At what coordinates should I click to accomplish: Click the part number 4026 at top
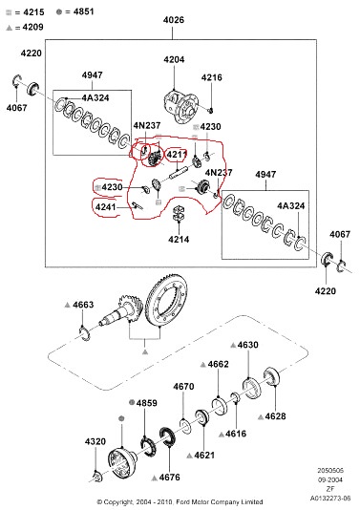coord(174,20)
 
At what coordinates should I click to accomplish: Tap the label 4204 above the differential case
coord(174,59)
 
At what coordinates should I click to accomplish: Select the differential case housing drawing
coord(180,106)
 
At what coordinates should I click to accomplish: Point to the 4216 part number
coord(212,77)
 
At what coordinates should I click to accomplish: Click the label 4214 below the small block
coord(179,240)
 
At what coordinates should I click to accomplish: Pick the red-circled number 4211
coord(177,155)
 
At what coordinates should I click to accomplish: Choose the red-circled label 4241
coord(105,206)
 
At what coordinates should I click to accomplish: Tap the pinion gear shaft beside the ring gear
coord(121,310)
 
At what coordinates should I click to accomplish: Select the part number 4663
coord(83,305)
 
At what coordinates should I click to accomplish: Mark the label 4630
coord(248,345)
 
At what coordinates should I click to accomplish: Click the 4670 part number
coord(183,387)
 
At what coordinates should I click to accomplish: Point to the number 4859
coord(147,403)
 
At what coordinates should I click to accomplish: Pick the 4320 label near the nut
coord(95,441)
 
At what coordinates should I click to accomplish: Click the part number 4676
coord(169,478)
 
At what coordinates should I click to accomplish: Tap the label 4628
coord(275,416)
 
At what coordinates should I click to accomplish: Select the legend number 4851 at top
coord(84,11)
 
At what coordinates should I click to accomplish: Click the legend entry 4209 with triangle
coord(32,27)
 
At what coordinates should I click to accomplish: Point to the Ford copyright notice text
coord(180,502)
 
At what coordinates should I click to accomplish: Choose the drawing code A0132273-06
coord(330,498)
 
